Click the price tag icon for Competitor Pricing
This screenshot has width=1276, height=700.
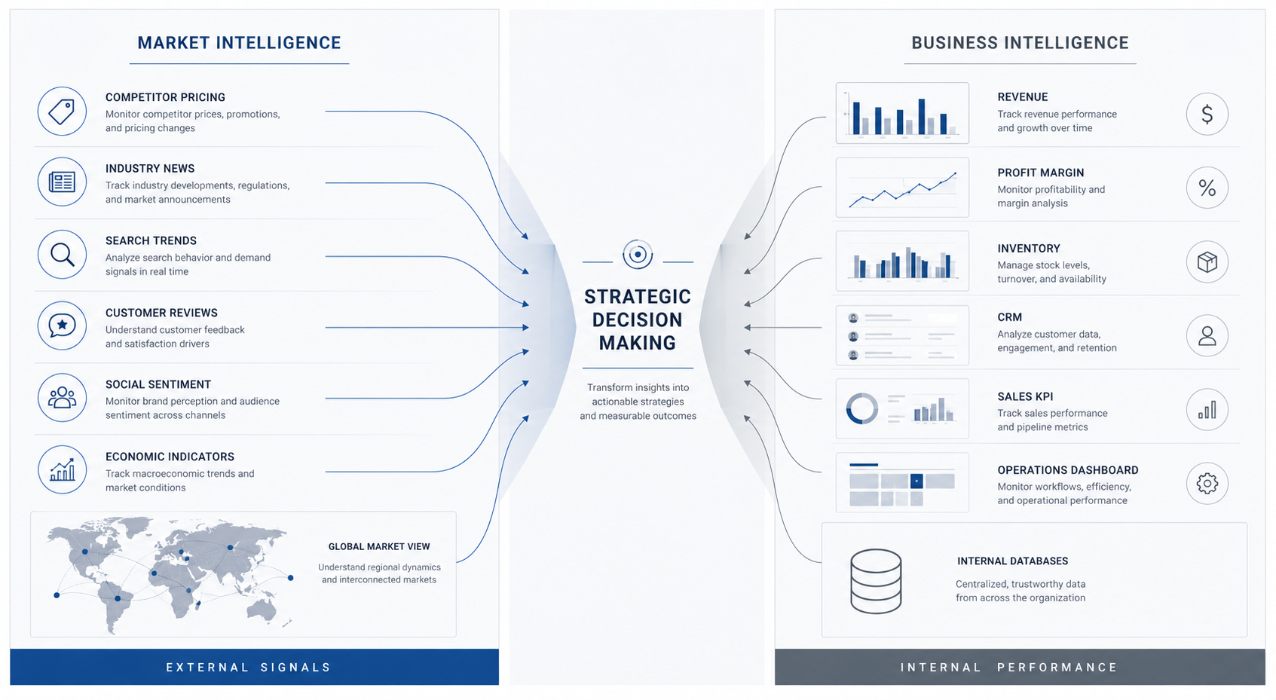[x=62, y=111]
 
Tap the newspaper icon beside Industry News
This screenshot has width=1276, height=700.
[x=62, y=182]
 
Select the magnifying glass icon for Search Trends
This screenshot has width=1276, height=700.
[x=62, y=254]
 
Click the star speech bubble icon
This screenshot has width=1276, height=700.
[x=62, y=326]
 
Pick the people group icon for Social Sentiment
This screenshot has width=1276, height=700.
[x=62, y=398]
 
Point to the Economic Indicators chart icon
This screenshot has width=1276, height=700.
[x=62, y=470]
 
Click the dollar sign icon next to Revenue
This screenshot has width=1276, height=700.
[x=1207, y=114]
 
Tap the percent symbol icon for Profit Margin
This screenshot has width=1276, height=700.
[x=1207, y=188]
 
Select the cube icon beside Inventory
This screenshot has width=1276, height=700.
[x=1207, y=262]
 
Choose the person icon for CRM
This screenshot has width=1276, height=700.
[x=1207, y=335]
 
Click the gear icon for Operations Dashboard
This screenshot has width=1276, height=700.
[x=1207, y=484]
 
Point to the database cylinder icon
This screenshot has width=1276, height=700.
[x=876, y=581]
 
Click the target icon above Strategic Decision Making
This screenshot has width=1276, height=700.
[x=638, y=254]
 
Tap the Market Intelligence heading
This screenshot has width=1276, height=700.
[x=239, y=43]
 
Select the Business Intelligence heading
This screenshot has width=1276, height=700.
[x=1020, y=43]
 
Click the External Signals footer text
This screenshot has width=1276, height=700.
[x=249, y=667]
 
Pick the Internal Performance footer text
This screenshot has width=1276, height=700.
[x=1009, y=667]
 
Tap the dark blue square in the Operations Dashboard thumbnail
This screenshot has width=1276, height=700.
[x=916, y=481]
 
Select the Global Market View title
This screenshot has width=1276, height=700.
[x=379, y=546]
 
